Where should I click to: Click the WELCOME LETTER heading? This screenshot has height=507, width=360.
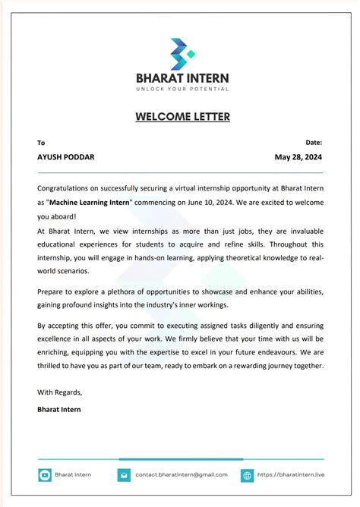[182, 117]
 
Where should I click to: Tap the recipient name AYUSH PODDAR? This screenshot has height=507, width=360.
[66, 157]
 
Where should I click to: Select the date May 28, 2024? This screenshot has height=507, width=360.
[298, 157]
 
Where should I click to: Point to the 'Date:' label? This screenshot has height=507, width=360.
[314, 142]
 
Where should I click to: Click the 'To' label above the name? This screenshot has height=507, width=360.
[41, 143]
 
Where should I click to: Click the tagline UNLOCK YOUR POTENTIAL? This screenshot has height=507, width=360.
[182, 90]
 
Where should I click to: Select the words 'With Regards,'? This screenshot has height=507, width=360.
[59, 392]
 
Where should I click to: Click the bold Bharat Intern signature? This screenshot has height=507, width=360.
[58, 409]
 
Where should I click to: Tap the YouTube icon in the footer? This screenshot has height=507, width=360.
[45, 475]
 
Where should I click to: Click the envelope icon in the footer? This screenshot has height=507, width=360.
[123, 475]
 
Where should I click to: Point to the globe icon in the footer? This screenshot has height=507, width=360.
[247, 475]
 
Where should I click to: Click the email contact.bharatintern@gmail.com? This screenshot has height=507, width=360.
[182, 475]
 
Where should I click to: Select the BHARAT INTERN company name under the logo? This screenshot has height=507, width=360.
[182, 77]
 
